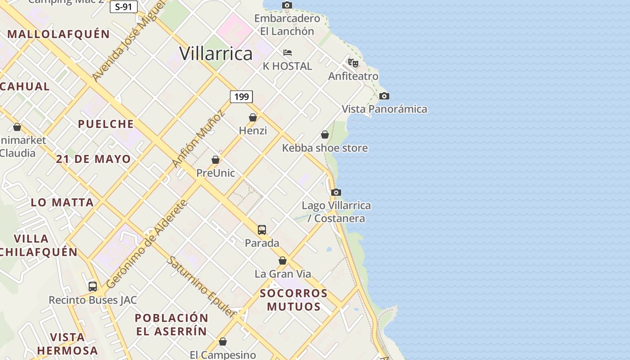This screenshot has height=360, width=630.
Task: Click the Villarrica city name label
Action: coord(216,54)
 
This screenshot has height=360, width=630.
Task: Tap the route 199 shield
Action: coord(241,97)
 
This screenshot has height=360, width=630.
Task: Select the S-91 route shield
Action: coord(123,6)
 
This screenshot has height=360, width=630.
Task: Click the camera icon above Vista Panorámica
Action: coord(384,96)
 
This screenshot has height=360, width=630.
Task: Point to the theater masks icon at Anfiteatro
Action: coord(353,63)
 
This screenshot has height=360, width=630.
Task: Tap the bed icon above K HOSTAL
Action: coord(288,53)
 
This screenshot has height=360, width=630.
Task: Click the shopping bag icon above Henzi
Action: coord(253,117)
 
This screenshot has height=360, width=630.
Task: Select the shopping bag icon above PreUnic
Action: coord(216,160)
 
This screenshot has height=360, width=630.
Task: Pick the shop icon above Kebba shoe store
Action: coord(325,135)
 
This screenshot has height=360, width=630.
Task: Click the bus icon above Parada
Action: coord(262,230)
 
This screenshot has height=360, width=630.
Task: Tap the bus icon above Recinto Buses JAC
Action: coord(93,287)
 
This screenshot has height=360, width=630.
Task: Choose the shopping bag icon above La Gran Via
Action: coord(283,261)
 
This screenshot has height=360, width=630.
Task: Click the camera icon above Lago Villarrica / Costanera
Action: coord(336,193)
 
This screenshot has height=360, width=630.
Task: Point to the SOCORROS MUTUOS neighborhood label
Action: coord(294,300)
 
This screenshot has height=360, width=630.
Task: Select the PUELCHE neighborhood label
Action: coord(106,124)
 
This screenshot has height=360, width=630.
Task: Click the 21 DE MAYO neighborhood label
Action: coord(94,159)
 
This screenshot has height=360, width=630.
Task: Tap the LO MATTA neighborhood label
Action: coord(63,202)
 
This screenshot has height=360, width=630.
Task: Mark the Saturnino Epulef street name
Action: coord(202,286)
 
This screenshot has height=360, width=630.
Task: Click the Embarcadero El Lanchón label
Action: coord(287,25)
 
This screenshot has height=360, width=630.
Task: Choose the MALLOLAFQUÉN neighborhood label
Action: coord(58,34)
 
